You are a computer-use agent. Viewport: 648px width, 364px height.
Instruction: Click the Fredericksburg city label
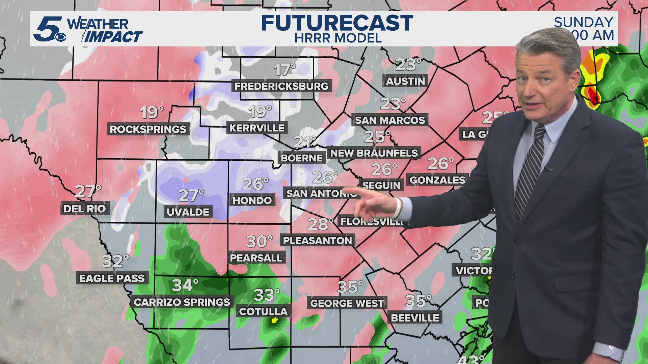[x=281, y=86]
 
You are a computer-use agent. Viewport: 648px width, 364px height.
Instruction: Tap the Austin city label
[x=405, y=81]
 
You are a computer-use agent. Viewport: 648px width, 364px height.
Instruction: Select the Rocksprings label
[x=148, y=129]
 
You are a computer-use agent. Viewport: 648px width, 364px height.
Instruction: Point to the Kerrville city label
[x=257, y=128]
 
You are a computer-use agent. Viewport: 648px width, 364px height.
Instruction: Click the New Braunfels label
[x=374, y=153]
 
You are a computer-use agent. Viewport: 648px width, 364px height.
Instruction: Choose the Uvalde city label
[x=188, y=212]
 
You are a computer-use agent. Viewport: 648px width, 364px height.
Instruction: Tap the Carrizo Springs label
[x=182, y=302]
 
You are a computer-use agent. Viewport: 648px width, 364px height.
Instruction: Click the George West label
[x=347, y=303]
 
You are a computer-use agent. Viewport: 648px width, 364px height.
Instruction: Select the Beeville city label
[x=415, y=318]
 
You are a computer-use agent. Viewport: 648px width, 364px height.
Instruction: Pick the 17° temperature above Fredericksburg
[x=285, y=70]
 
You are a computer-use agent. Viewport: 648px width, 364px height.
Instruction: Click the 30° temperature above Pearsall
[x=259, y=241]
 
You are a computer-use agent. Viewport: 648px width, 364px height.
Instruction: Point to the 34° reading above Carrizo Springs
[x=185, y=285]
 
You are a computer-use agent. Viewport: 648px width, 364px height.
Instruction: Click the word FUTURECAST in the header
[x=337, y=23]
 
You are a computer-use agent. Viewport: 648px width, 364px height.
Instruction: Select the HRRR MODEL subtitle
[x=338, y=38]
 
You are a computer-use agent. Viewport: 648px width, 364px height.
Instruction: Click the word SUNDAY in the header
[x=583, y=22]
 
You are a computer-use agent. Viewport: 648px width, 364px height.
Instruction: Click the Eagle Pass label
[x=112, y=278]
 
